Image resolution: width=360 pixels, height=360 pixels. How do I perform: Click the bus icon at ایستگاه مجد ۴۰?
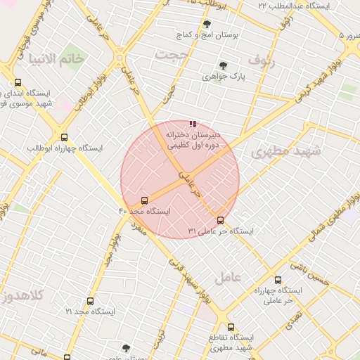tap(145, 200)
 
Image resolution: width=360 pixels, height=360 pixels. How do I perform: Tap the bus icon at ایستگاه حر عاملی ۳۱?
tap(221, 220)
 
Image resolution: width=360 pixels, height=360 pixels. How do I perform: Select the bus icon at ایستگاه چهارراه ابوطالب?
tap(65, 138)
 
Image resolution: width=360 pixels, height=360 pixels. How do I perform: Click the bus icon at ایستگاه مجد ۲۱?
tap(89, 301)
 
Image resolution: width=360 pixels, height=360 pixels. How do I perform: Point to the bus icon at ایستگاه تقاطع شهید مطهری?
tap(231, 327)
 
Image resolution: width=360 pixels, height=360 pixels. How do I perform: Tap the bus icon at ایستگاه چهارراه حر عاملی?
tap(278, 280)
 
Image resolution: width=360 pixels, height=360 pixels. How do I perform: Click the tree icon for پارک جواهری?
tap(223, 65)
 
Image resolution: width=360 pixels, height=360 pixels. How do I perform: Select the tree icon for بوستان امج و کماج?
tap(206, 24)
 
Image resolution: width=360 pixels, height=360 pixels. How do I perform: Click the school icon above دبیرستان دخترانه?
tap(193, 124)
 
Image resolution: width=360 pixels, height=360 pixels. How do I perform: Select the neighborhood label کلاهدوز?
tap(23, 296)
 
